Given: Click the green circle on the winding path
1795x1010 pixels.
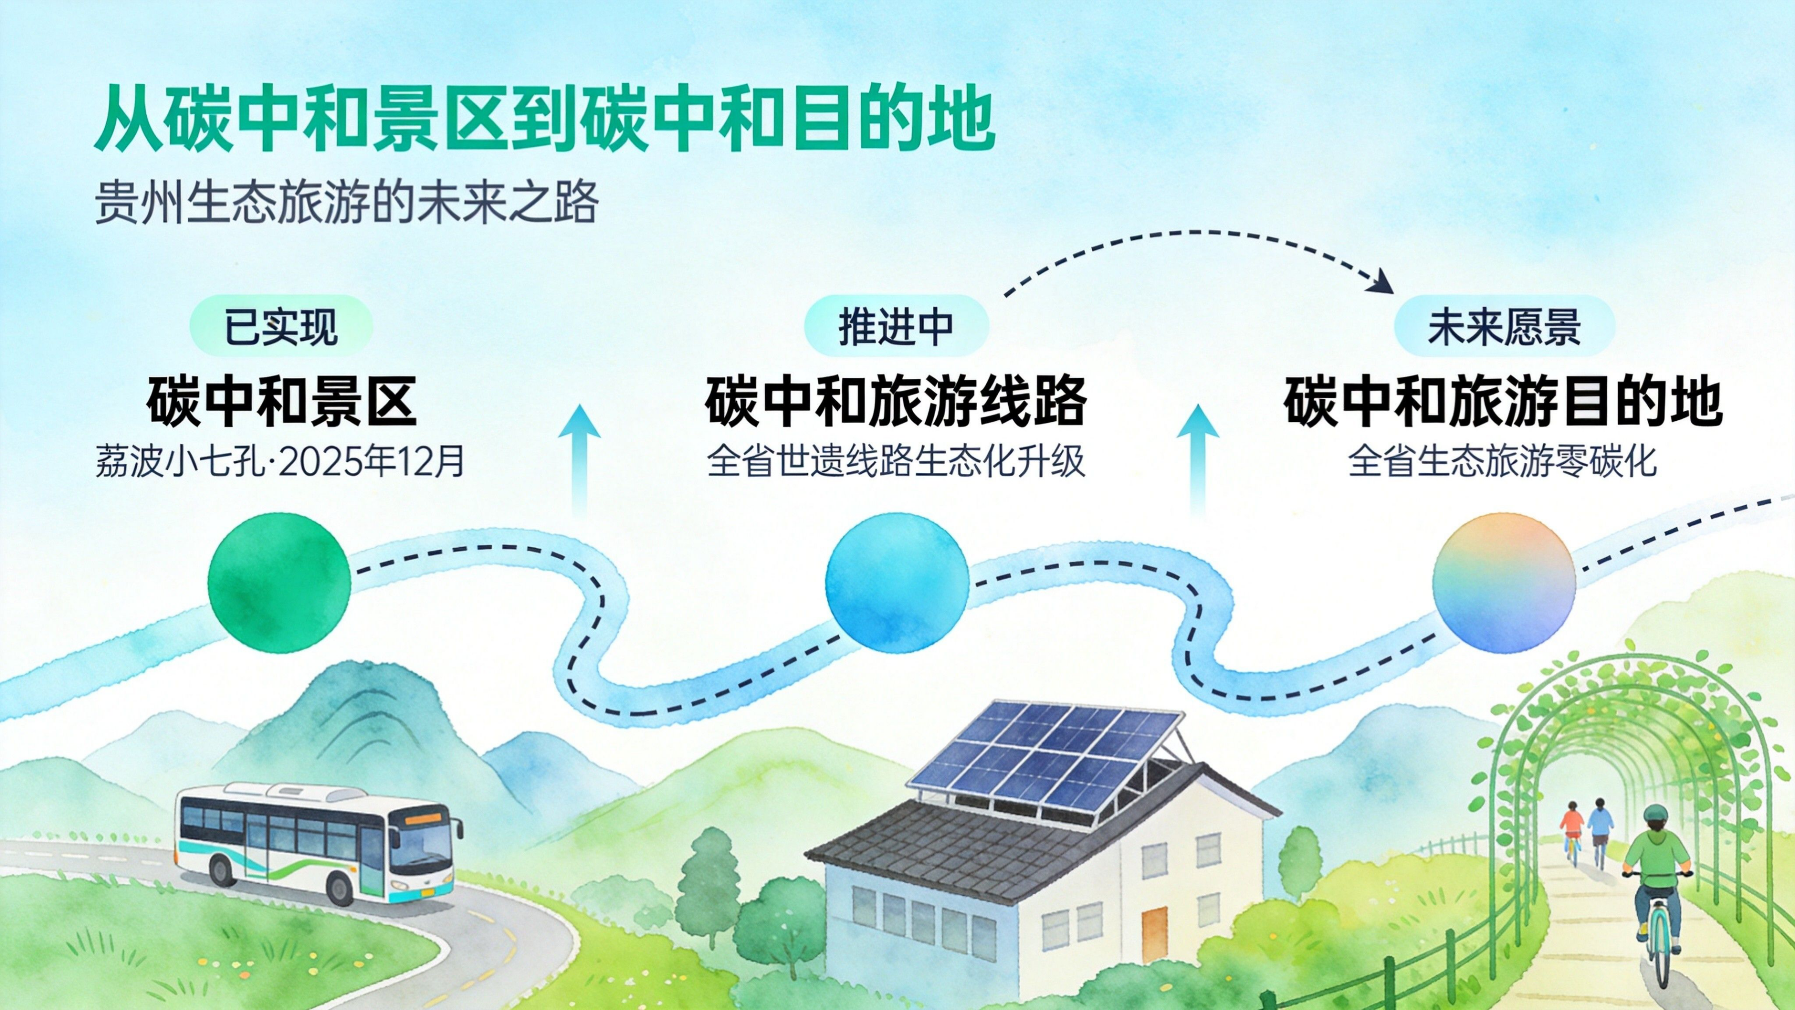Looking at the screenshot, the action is [x=279, y=583].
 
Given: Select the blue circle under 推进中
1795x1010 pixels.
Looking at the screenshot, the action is [x=897, y=583].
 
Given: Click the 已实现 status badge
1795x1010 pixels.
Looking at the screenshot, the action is [x=281, y=326].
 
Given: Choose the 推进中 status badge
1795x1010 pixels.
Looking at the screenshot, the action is [x=897, y=326].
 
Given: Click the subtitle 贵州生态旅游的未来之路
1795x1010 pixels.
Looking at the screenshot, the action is [x=346, y=202].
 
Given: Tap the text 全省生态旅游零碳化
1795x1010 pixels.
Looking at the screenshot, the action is [x=1503, y=461].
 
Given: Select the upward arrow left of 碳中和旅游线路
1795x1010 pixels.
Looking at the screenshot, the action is [x=579, y=460].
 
